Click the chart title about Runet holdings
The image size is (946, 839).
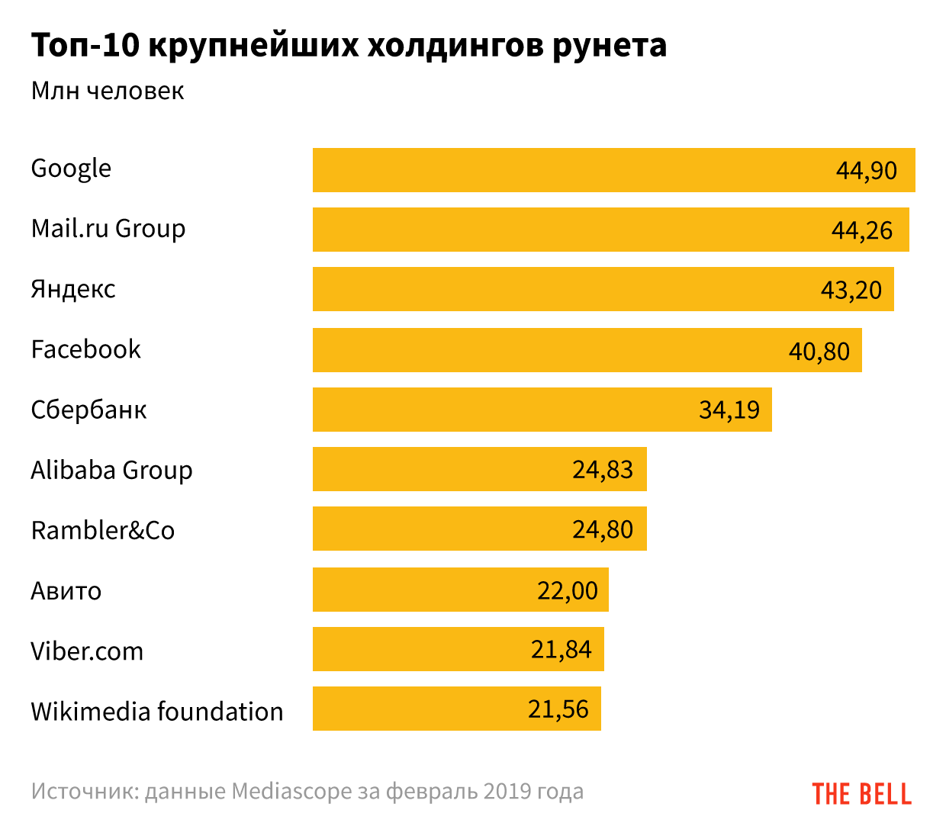[x=349, y=46]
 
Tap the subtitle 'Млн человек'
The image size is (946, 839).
[x=108, y=91]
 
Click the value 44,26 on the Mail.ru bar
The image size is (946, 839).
[x=861, y=230]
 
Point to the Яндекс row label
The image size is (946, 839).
[x=73, y=289]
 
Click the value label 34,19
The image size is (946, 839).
[x=729, y=410]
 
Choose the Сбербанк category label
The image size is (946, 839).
[x=88, y=410]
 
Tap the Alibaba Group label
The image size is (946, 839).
[x=111, y=471]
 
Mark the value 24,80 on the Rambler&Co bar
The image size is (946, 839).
[x=603, y=529]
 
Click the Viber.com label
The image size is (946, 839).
[x=87, y=651]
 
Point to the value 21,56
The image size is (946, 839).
[x=558, y=709]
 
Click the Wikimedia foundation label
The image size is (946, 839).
[x=157, y=712]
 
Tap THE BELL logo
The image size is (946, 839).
[x=861, y=794]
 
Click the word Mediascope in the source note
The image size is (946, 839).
[x=291, y=792]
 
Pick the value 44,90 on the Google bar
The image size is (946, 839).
[x=866, y=170]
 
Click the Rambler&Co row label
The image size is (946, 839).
[x=103, y=530]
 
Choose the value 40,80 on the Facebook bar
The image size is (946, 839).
[x=819, y=351]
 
